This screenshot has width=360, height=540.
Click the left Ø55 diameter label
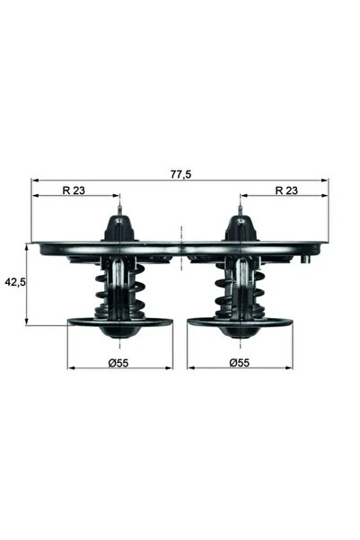120,363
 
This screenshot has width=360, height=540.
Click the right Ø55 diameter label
240,363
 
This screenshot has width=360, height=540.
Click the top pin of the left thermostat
119,216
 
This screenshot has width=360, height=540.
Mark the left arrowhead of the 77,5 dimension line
35,181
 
